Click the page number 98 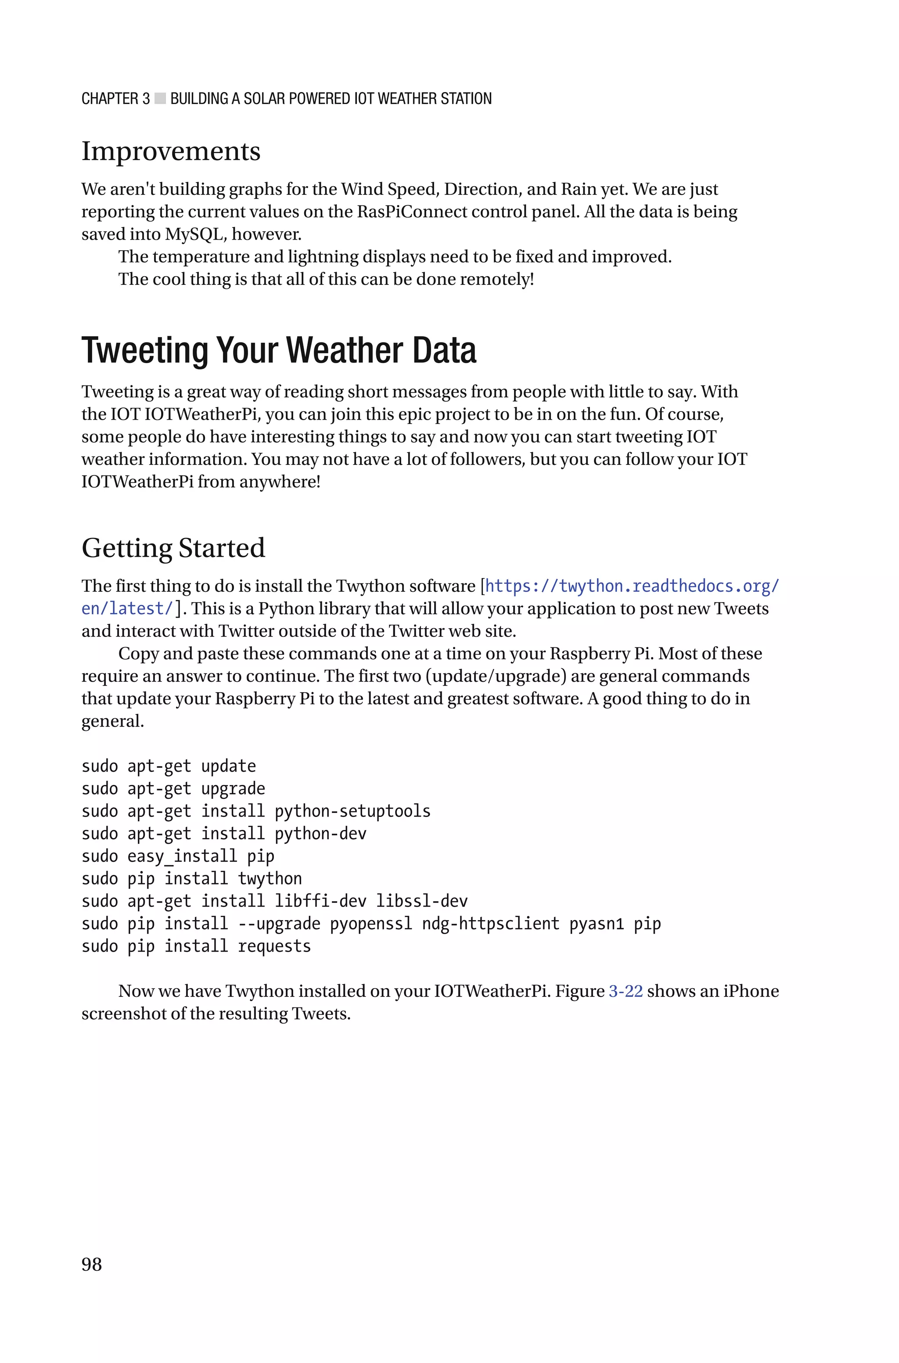pyautogui.click(x=92, y=1264)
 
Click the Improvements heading pyautogui.click(x=171, y=151)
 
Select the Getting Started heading pyautogui.click(x=173, y=548)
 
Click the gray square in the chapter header pyautogui.click(x=160, y=99)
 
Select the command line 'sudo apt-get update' pyautogui.click(x=169, y=766)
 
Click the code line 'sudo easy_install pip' pyautogui.click(x=178, y=856)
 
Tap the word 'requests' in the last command pyautogui.click(x=274, y=946)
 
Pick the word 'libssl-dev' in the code pyautogui.click(x=421, y=901)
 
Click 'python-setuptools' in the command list pyautogui.click(x=352, y=811)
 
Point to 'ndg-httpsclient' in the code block pyautogui.click(x=490, y=924)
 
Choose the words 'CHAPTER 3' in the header pyautogui.click(x=115, y=99)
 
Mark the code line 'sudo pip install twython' pyautogui.click(x=191, y=879)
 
